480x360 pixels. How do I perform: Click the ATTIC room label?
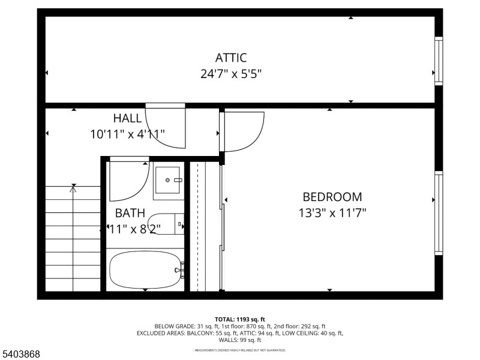click(231, 58)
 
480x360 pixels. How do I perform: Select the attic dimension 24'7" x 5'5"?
click(231, 74)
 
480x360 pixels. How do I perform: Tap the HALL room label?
click(127, 118)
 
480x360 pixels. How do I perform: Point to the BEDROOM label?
click(332, 197)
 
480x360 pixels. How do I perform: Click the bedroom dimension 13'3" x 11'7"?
click(332, 212)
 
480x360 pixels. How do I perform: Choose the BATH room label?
click(130, 212)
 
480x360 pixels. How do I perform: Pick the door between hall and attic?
click(166, 126)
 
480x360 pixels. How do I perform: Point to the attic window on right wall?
click(439, 60)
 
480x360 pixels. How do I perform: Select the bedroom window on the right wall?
click(439, 213)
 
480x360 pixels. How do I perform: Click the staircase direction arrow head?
click(73, 188)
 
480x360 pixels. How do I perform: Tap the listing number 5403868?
click(21, 355)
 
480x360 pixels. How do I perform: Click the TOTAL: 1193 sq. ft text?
click(240, 319)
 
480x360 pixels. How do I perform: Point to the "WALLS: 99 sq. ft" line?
click(240, 340)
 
